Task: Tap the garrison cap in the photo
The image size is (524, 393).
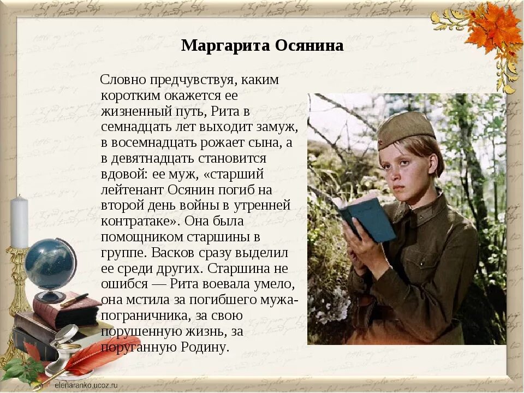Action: (405, 129)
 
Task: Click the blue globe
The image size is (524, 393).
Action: (49, 265)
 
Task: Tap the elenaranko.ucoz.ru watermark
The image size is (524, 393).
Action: (86, 385)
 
